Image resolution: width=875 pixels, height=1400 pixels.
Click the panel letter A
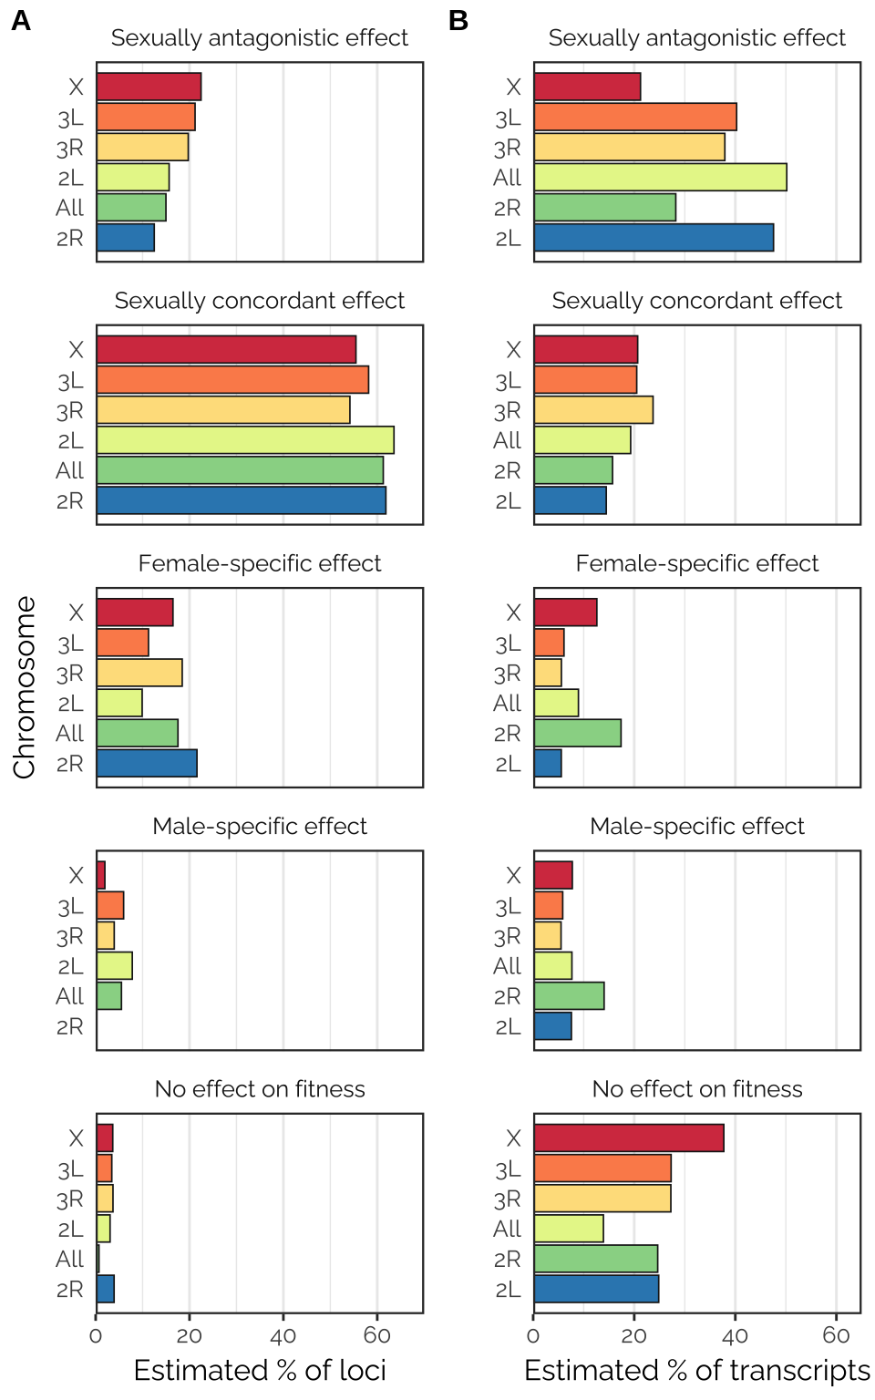21,21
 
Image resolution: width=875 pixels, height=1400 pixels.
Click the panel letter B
458,21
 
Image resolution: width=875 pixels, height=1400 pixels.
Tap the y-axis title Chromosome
25,687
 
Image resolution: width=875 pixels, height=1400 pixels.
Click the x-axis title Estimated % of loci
260,1370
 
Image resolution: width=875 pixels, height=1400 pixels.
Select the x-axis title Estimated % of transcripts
697,1370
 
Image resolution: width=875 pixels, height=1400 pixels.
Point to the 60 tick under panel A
376,1336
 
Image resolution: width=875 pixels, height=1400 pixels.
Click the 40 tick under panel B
735,1336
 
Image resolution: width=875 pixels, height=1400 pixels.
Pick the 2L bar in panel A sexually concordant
245,440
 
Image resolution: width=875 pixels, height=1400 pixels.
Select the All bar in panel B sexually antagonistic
660,178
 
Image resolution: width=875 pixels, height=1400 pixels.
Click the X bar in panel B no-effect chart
629,1138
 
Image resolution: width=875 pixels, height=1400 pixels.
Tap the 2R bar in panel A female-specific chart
147,764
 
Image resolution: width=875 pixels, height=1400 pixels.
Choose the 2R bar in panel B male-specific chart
569,996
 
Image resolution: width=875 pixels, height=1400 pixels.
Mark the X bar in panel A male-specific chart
101,875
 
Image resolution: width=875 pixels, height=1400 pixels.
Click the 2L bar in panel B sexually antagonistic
654,238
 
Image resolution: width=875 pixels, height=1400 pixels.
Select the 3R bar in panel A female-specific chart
139,674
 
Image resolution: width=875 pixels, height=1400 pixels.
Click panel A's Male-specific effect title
260,827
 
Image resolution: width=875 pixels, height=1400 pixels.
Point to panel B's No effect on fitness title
697,1089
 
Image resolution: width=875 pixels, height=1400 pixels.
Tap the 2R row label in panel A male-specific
70,1027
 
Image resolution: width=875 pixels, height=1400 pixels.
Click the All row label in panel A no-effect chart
70,1259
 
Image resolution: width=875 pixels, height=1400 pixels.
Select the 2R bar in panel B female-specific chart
578,734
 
